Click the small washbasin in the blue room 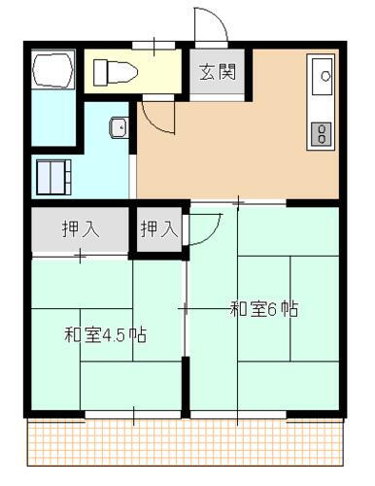click(x=118, y=126)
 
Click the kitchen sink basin click(x=322, y=74)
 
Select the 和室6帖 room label click(x=263, y=310)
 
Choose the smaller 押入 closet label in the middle click(x=158, y=229)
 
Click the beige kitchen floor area click(x=243, y=146)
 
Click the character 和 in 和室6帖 click(x=237, y=310)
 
